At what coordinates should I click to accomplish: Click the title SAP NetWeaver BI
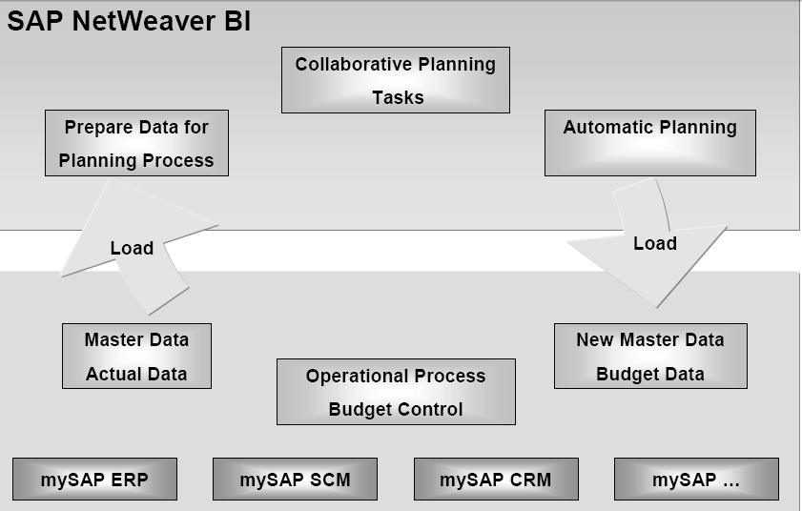pyautogui.click(x=129, y=21)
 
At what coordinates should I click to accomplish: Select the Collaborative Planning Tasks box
pyautogui.click(x=396, y=80)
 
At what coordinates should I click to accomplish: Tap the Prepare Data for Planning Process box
pyautogui.click(x=136, y=143)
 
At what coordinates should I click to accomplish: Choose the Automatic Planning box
pyautogui.click(x=649, y=143)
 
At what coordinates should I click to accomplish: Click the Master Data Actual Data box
pyautogui.click(x=136, y=356)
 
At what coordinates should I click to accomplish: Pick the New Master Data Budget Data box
pyautogui.click(x=650, y=356)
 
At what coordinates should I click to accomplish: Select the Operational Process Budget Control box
pyautogui.click(x=396, y=392)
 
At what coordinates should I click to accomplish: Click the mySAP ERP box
pyautogui.click(x=94, y=480)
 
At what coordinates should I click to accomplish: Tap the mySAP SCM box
pyautogui.click(x=295, y=480)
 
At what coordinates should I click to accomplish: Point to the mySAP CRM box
pyautogui.click(x=496, y=480)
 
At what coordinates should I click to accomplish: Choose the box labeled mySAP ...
pyautogui.click(x=696, y=480)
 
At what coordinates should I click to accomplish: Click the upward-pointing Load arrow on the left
pyautogui.click(x=132, y=249)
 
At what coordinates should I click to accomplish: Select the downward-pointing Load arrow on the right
pyautogui.click(x=654, y=244)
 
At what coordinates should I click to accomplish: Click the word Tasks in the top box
pyautogui.click(x=398, y=97)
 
